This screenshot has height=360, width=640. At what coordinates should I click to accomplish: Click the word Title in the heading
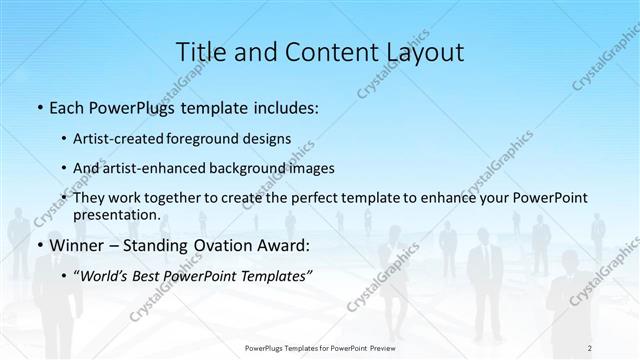click(198, 51)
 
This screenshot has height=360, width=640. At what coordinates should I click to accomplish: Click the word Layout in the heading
click(423, 51)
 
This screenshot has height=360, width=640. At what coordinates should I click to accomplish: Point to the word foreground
click(217, 140)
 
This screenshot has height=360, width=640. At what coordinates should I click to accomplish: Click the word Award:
click(282, 245)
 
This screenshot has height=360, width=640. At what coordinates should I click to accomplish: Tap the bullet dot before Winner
click(38, 245)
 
